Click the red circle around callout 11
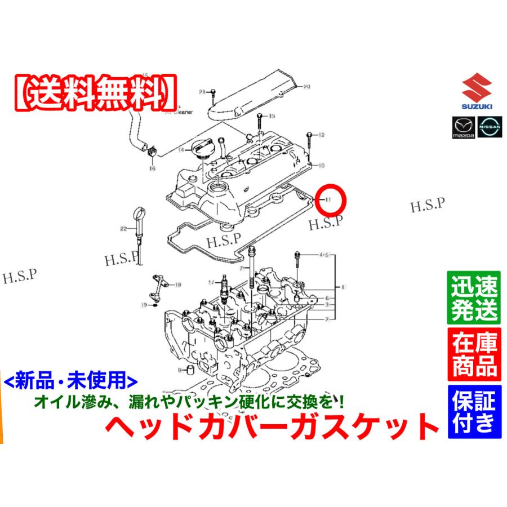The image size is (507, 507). tap(331, 199)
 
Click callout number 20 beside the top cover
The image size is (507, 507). tap(307, 86)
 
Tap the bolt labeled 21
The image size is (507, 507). tap(215, 92)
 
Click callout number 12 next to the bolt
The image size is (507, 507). tap(322, 135)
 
